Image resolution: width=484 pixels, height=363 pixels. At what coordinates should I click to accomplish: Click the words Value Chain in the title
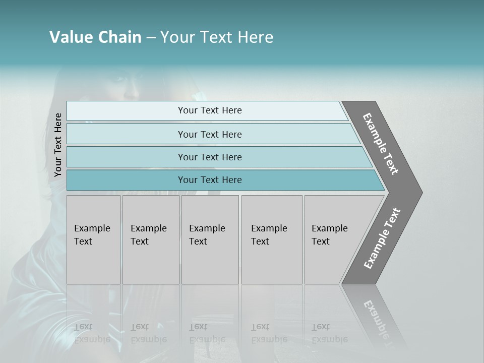click(x=95, y=37)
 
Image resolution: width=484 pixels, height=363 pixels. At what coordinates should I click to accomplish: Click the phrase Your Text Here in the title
click(x=217, y=37)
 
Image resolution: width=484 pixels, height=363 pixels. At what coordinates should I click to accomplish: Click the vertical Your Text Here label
click(x=58, y=145)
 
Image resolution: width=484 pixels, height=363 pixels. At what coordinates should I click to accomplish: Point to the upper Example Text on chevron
click(x=381, y=144)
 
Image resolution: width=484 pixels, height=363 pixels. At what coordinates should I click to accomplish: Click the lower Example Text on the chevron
click(x=382, y=238)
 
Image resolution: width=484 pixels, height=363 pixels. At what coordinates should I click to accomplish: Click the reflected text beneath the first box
click(x=92, y=333)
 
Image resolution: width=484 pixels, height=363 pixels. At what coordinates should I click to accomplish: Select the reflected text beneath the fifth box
click(x=329, y=333)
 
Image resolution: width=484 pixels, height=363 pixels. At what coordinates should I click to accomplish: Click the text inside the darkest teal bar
click(x=210, y=180)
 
